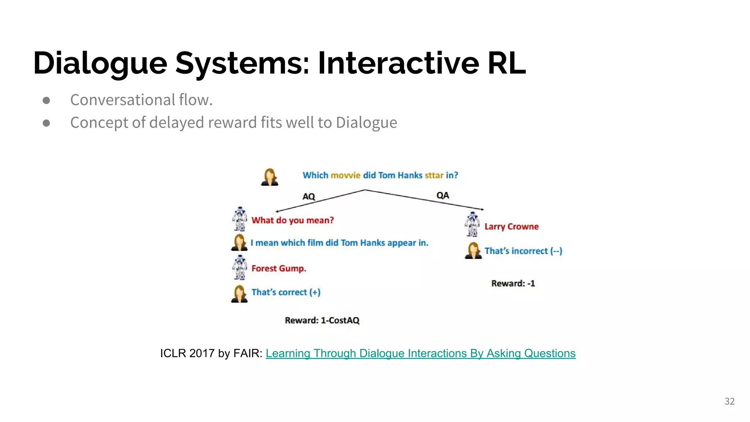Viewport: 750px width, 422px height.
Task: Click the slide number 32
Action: coord(729,401)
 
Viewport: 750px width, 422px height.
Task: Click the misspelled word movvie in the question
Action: coord(345,175)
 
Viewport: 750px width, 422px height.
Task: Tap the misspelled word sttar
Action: coord(434,175)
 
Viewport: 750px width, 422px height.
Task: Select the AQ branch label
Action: coord(309,196)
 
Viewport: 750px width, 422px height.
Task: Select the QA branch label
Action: coord(442,195)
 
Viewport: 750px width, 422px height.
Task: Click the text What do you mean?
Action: coord(293,220)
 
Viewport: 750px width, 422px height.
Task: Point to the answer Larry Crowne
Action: coord(511,226)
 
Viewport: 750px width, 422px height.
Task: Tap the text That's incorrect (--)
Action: coord(523,251)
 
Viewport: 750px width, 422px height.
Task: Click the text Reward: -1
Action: coord(513,283)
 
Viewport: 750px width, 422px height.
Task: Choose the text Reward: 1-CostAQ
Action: coord(322,320)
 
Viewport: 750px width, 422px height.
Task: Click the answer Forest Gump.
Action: coord(279,269)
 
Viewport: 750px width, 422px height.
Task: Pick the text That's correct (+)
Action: coord(286,292)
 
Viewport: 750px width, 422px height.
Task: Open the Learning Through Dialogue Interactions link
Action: coord(420,353)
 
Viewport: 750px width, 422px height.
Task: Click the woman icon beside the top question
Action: coord(270,177)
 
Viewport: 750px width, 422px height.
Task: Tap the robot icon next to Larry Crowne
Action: coord(472,224)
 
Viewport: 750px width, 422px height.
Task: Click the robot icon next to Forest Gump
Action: coord(240,267)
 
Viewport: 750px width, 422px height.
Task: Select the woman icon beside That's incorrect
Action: coord(473,251)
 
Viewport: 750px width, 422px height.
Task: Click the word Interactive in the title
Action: coord(398,63)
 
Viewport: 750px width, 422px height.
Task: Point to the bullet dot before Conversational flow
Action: coord(47,100)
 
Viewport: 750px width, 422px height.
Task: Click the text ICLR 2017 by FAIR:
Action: coord(211,353)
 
